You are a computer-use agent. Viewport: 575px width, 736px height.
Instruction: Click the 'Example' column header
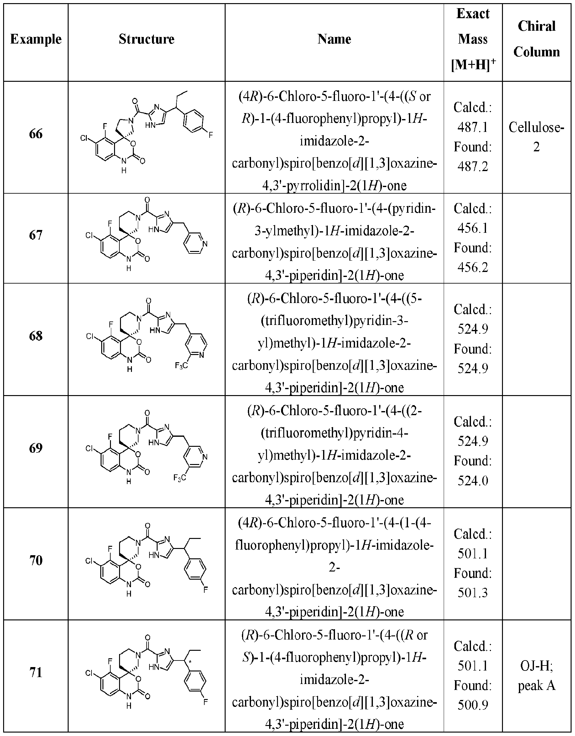coord(36,39)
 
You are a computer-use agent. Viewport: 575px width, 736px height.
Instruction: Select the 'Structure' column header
coord(146,39)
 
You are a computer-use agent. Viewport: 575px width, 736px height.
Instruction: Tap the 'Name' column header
coord(334,39)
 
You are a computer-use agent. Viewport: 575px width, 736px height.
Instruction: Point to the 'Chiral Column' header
coord(536,39)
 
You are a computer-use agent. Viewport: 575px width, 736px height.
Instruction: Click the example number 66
coord(36,134)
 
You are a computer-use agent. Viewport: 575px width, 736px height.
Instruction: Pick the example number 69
coord(36,448)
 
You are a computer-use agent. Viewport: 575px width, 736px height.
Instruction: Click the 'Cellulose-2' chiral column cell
coord(536,137)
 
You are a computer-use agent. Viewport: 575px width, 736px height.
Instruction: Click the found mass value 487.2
coord(473,166)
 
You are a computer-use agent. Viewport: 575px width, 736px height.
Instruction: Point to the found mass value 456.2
coord(473,267)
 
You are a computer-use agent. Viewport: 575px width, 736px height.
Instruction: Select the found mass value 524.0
coord(473,481)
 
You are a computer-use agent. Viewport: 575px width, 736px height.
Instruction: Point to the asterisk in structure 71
coord(191,662)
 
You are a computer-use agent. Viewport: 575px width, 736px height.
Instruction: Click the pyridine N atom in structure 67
coord(205,244)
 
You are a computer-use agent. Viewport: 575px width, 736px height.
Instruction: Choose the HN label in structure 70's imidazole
coord(154,554)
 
